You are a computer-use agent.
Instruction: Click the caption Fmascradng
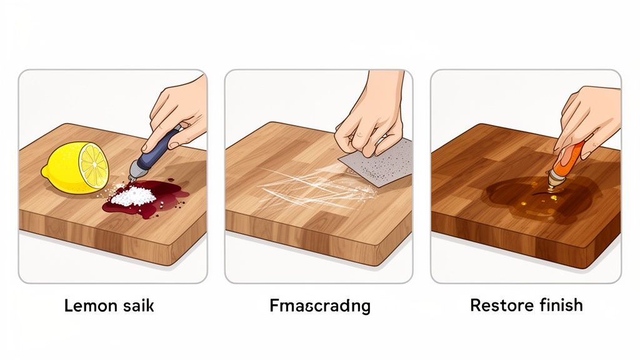[x=319, y=306]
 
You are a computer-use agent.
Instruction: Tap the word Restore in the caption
[x=497, y=306]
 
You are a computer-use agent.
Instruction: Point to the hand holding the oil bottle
[x=591, y=116]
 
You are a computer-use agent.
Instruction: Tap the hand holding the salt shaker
[x=178, y=109]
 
